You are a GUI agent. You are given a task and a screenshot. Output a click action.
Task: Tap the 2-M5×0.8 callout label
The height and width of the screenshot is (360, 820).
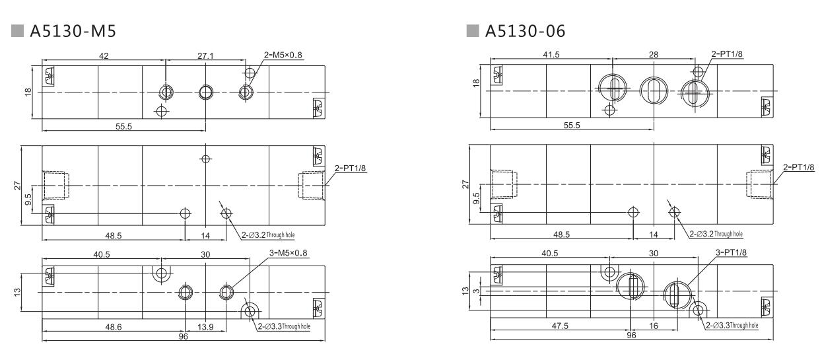click(281, 55)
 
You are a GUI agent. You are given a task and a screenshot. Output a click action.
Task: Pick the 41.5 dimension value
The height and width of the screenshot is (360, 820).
click(551, 55)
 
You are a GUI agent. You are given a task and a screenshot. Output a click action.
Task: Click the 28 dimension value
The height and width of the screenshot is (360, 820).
click(653, 55)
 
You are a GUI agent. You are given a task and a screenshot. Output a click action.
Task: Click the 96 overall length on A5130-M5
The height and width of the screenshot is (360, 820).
click(183, 336)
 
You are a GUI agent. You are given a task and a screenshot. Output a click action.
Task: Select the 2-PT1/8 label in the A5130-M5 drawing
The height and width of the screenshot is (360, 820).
click(351, 168)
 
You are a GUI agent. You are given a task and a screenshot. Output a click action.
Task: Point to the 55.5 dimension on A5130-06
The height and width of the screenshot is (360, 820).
click(572, 126)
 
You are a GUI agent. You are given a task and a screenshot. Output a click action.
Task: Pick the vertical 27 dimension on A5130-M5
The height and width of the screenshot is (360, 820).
click(18, 187)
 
